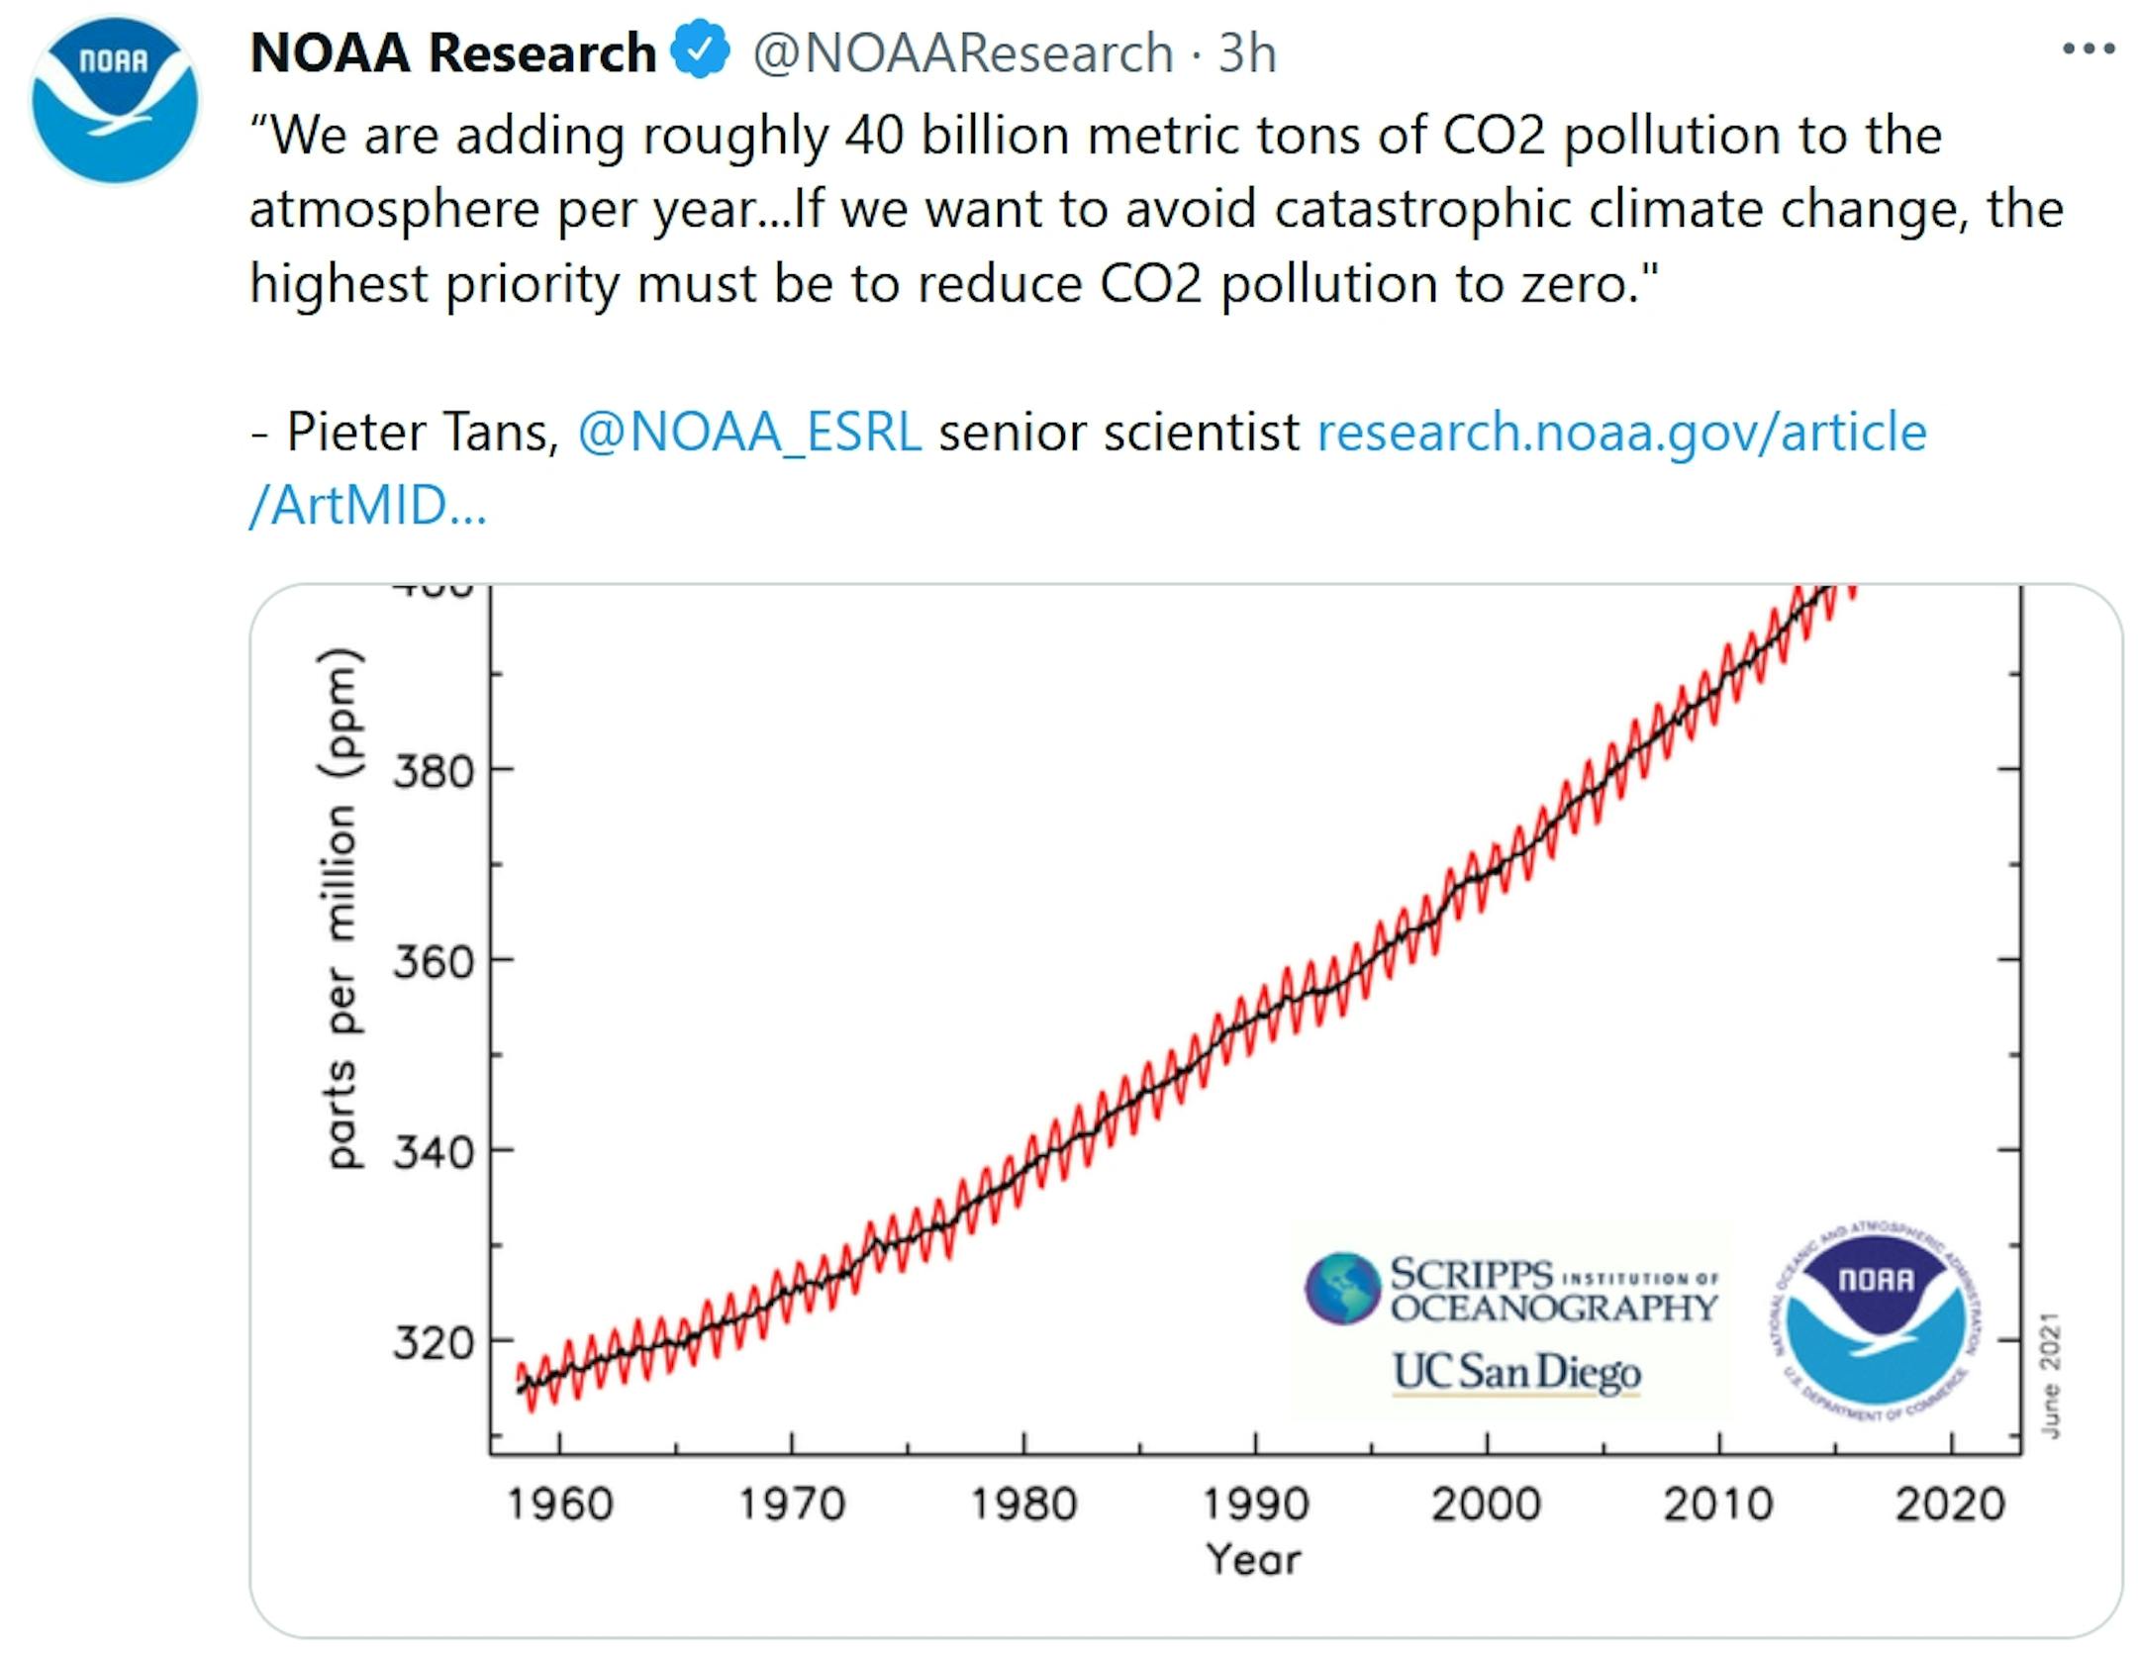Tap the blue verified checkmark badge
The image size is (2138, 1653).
point(701,51)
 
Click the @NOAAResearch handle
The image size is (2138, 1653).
point(962,53)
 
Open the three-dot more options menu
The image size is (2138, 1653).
point(2089,49)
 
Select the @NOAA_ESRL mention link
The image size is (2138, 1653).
point(749,433)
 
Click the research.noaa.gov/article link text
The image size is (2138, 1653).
point(1621,433)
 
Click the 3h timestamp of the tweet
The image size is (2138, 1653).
point(1247,53)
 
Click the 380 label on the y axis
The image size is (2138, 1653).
point(434,771)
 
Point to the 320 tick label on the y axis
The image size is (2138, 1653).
point(434,1343)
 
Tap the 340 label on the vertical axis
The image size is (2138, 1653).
point(434,1152)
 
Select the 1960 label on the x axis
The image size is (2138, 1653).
point(560,1505)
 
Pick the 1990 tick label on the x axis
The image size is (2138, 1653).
point(1255,1505)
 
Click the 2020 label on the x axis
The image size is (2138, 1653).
point(1950,1505)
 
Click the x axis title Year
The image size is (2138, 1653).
point(1253,1560)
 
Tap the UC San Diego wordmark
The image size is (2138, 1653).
point(1516,1372)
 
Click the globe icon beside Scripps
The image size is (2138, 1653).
point(1341,1288)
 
